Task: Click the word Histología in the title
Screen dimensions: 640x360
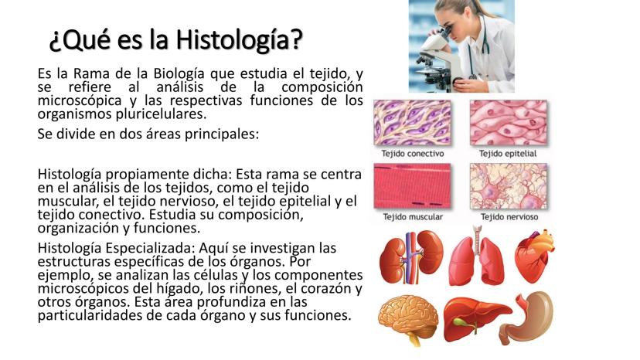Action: (x=239, y=40)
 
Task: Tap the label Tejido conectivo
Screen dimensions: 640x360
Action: (x=412, y=154)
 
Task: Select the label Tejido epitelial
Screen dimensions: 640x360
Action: (x=508, y=154)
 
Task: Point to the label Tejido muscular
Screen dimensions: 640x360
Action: (x=413, y=217)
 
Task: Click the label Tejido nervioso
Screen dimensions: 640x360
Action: (x=509, y=217)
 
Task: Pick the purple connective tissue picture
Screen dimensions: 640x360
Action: (x=412, y=123)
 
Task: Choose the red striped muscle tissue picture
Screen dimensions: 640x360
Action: (x=412, y=186)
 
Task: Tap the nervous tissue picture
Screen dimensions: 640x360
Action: (x=508, y=186)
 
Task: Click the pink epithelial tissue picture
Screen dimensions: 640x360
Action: (x=508, y=123)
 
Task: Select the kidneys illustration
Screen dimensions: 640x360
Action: (x=411, y=257)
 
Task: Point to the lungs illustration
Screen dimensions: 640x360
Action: (x=476, y=256)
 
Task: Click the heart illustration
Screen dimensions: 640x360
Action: (x=534, y=256)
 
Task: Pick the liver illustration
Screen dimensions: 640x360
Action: (x=477, y=319)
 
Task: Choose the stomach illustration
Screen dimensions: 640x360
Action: (x=527, y=318)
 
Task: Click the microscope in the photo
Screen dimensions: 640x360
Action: (x=437, y=61)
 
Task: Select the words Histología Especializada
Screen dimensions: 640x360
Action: (x=116, y=248)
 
